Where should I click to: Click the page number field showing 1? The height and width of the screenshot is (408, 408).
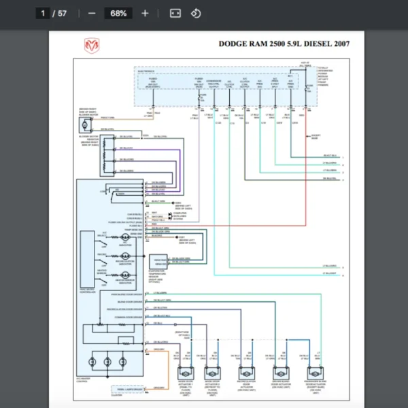pos(42,13)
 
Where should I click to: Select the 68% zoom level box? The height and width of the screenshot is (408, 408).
pos(118,13)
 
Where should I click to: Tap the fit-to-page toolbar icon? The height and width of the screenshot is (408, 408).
pos(175,13)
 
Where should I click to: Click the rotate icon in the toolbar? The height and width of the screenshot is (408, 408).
pos(195,13)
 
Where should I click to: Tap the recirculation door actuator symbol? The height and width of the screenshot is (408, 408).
pos(247,373)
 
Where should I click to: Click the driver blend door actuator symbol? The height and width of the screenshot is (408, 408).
pos(282,373)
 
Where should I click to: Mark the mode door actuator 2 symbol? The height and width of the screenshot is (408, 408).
pos(212,373)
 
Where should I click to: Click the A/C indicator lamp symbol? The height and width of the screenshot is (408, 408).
pos(124,236)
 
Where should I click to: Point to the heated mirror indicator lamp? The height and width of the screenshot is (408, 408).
pos(124,274)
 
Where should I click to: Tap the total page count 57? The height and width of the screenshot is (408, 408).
pos(63,13)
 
